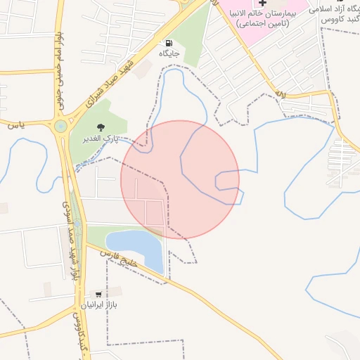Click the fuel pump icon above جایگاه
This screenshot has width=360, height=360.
169,44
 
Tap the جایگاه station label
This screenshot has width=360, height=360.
169,53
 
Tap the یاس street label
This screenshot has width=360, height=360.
16,125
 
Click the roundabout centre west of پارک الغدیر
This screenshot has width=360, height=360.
60,127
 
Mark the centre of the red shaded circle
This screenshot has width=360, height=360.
180,179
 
